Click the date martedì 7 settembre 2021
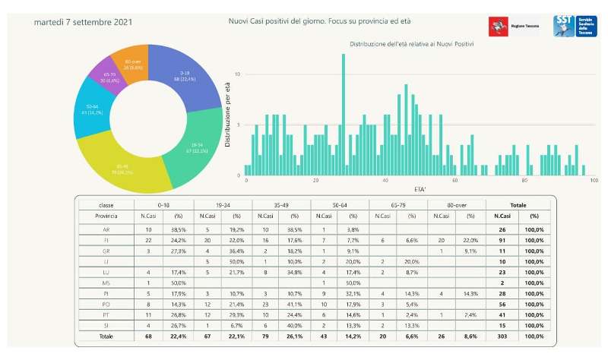(83, 22)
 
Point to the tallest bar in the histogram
(344, 114)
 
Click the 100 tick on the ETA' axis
(594, 181)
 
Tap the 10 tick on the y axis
(238, 74)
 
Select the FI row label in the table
(106, 240)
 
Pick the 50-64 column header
(340, 205)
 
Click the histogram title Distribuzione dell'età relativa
(411, 45)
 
